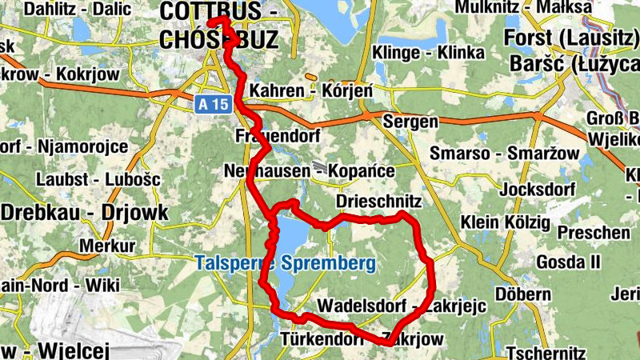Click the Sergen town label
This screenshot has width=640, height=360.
click(411, 122)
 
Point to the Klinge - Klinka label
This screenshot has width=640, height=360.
click(429, 53)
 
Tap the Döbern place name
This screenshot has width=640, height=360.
click(522, 294)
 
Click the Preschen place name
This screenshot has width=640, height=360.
click(594, 232)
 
